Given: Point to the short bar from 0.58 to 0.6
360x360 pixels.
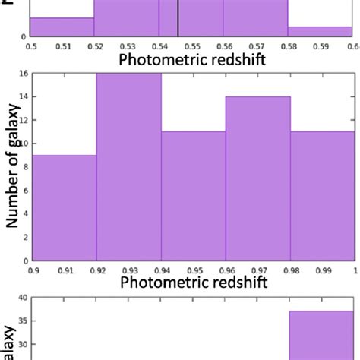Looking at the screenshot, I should [321, 32].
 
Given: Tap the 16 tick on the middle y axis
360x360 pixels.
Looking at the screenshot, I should [24, 74].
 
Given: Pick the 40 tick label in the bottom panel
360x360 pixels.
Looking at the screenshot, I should [24, 298].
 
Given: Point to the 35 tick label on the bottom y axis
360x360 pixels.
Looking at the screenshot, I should [24, 321].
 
